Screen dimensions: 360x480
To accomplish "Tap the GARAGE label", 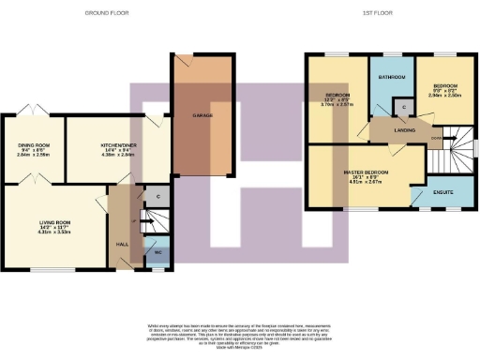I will pos(202,115).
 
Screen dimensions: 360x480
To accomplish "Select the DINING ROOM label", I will pos(33,145).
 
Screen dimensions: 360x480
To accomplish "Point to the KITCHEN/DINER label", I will pos(119,145).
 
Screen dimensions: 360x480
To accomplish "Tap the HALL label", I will pos(120,242).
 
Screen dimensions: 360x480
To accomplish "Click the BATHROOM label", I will pos(392,76).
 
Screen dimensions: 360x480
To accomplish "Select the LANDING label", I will pos(404,130).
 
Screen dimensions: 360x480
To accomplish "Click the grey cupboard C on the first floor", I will pos(403,107).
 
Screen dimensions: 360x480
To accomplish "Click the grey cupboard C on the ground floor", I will pos(157,197).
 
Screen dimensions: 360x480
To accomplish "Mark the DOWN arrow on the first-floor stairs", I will pos(437,141).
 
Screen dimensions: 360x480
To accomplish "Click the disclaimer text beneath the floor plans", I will pos(239,334).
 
